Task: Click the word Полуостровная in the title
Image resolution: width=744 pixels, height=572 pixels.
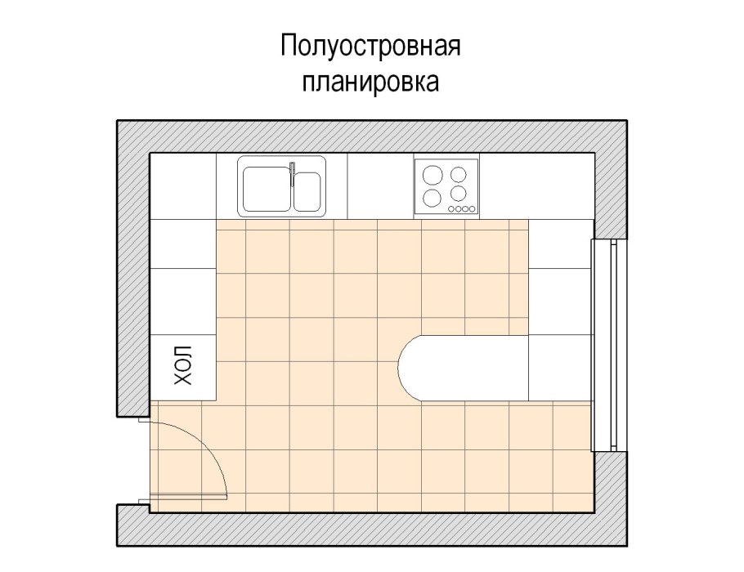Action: tap(371, 47)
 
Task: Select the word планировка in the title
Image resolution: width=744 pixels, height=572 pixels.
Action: tap(371, 83)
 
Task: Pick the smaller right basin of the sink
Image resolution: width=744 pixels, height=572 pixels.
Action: tap(308, 190)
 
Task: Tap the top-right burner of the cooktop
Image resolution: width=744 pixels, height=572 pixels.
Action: tap(459, 173)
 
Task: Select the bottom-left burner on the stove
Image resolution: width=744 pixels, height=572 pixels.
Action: tap(431, 196)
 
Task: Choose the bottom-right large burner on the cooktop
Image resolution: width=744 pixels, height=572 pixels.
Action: tap(459, 194)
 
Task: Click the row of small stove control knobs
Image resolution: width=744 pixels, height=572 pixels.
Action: tap(461, 210)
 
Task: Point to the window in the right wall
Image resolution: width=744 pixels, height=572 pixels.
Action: tap(605, 344)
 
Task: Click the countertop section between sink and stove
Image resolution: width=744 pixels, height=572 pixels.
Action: tap(380, 185)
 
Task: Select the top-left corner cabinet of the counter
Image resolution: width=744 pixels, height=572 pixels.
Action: tap(183, 185)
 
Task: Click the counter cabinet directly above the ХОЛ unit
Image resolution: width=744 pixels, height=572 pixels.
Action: tap(183, 301)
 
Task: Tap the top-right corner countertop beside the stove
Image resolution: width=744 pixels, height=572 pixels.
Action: tap(536, 185)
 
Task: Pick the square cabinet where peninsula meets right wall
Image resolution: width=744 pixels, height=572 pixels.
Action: tap(560, 368)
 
